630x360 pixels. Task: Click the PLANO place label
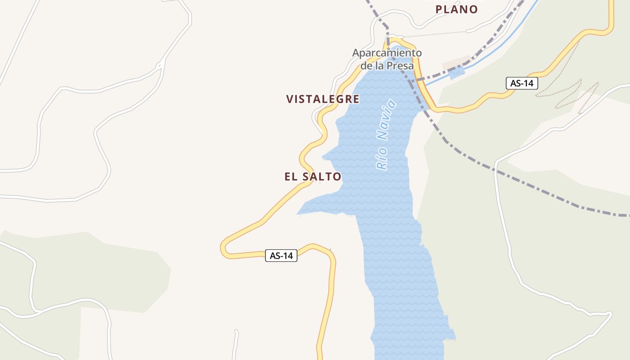(456, 9)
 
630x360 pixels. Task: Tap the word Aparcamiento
(387, 53)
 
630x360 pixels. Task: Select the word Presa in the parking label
(401, 66)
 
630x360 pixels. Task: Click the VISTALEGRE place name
(323, 99)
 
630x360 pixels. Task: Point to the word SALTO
(321, 177)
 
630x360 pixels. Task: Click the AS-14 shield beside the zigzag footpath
(522, 83)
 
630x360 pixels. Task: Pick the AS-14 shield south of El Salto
(281, 256)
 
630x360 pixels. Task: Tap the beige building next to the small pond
(455, 63)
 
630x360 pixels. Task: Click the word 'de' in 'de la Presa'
(367, 66)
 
